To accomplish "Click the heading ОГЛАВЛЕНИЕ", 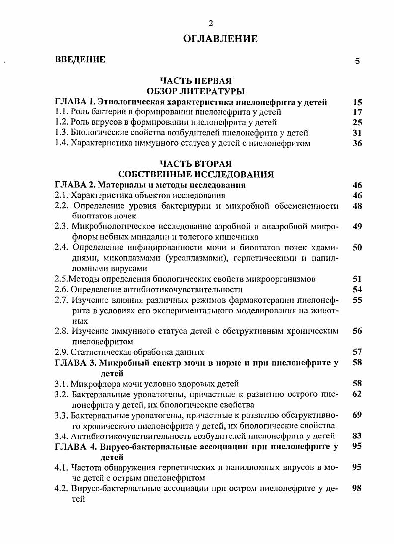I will (x=220, y=38).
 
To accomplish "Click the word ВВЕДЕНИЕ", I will (x=80, y=60).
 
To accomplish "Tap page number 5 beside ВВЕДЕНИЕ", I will (x=357, y=61).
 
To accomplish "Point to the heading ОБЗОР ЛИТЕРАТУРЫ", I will (x=196, y=92).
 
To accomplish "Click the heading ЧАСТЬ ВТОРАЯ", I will (x=196, y=163).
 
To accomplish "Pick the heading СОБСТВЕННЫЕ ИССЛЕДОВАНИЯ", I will (x=196, y=174).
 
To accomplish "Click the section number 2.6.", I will (x=61, y=289).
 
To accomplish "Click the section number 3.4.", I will (x=61, y=436).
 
